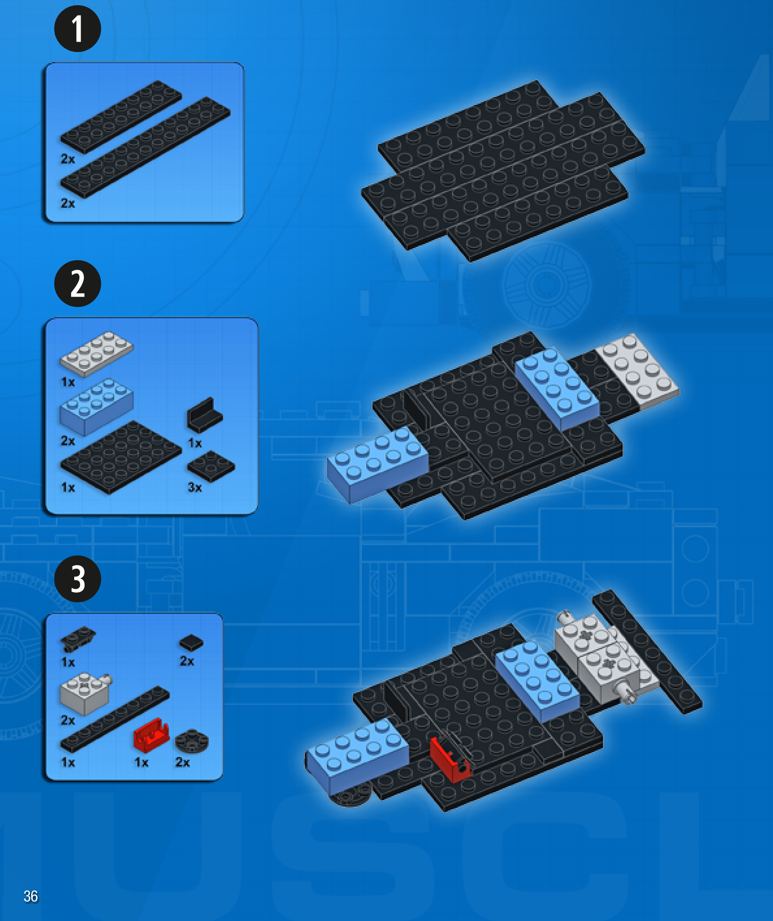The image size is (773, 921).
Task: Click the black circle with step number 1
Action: click(x=78, y=29)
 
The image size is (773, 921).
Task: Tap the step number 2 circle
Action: click(x=78, y=284)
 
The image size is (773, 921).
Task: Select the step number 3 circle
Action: click(x=78, y=579)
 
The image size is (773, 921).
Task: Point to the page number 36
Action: click(x=31, y=896)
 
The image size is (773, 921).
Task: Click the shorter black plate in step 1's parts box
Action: click(x=121, y=117)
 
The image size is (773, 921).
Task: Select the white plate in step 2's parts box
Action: click(x=96, y=354)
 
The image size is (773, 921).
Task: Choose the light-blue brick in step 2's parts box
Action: click(x=96, y=407)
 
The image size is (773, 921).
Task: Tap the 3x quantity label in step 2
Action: click(x=195, y=487)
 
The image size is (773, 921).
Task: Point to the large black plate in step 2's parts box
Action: click(x=121, y=457)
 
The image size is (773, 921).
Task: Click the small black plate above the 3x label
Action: click(x=211, y=466)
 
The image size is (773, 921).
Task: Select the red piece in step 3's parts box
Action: click(x=151, y=735)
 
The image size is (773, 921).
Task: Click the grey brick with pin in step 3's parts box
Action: click(x=86, y=694)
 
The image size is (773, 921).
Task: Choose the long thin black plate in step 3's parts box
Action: click(x=115, y=719)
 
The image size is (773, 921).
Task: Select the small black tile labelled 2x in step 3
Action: click(x=191, y=643)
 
